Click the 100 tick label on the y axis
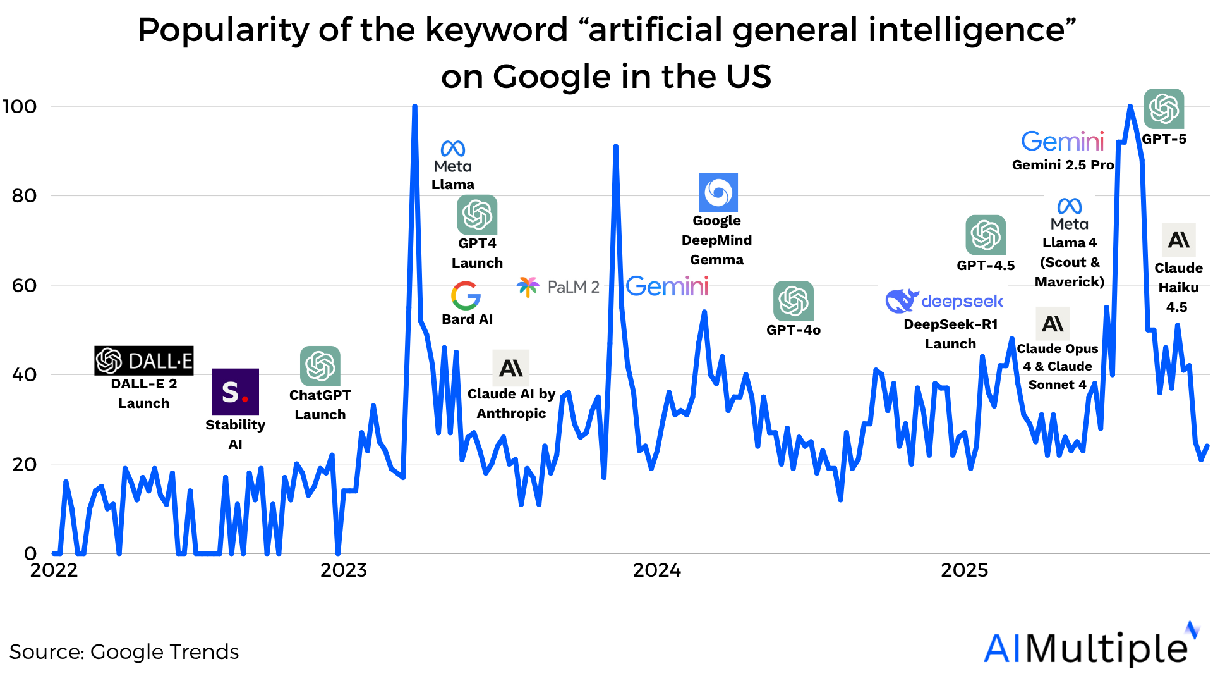click(x=20, y=106)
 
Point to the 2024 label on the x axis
click(x=656, y=570)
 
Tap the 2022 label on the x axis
click(x=54, y=570)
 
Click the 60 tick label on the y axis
click(x=24, y=286)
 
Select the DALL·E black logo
click(x=143, y=360)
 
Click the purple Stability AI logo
click(x=235, y=392)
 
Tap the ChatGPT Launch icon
click(x=320, y=366)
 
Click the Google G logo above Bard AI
click(x=466, y=296)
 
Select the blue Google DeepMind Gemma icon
click(x=718, y=192)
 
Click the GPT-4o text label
click(x=793, y=330)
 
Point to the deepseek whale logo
click(x=901, y=301)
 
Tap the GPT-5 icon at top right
click(x=1164, y=109)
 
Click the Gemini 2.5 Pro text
click(x=1063, y=165)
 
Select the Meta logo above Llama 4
click(x=1070, y=206)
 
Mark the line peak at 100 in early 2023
click(x=414, y=106)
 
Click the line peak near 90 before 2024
click(x=615, y=147)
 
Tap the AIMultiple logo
click(x=1091, y=646)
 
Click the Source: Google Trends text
click(x=124, y=652)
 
